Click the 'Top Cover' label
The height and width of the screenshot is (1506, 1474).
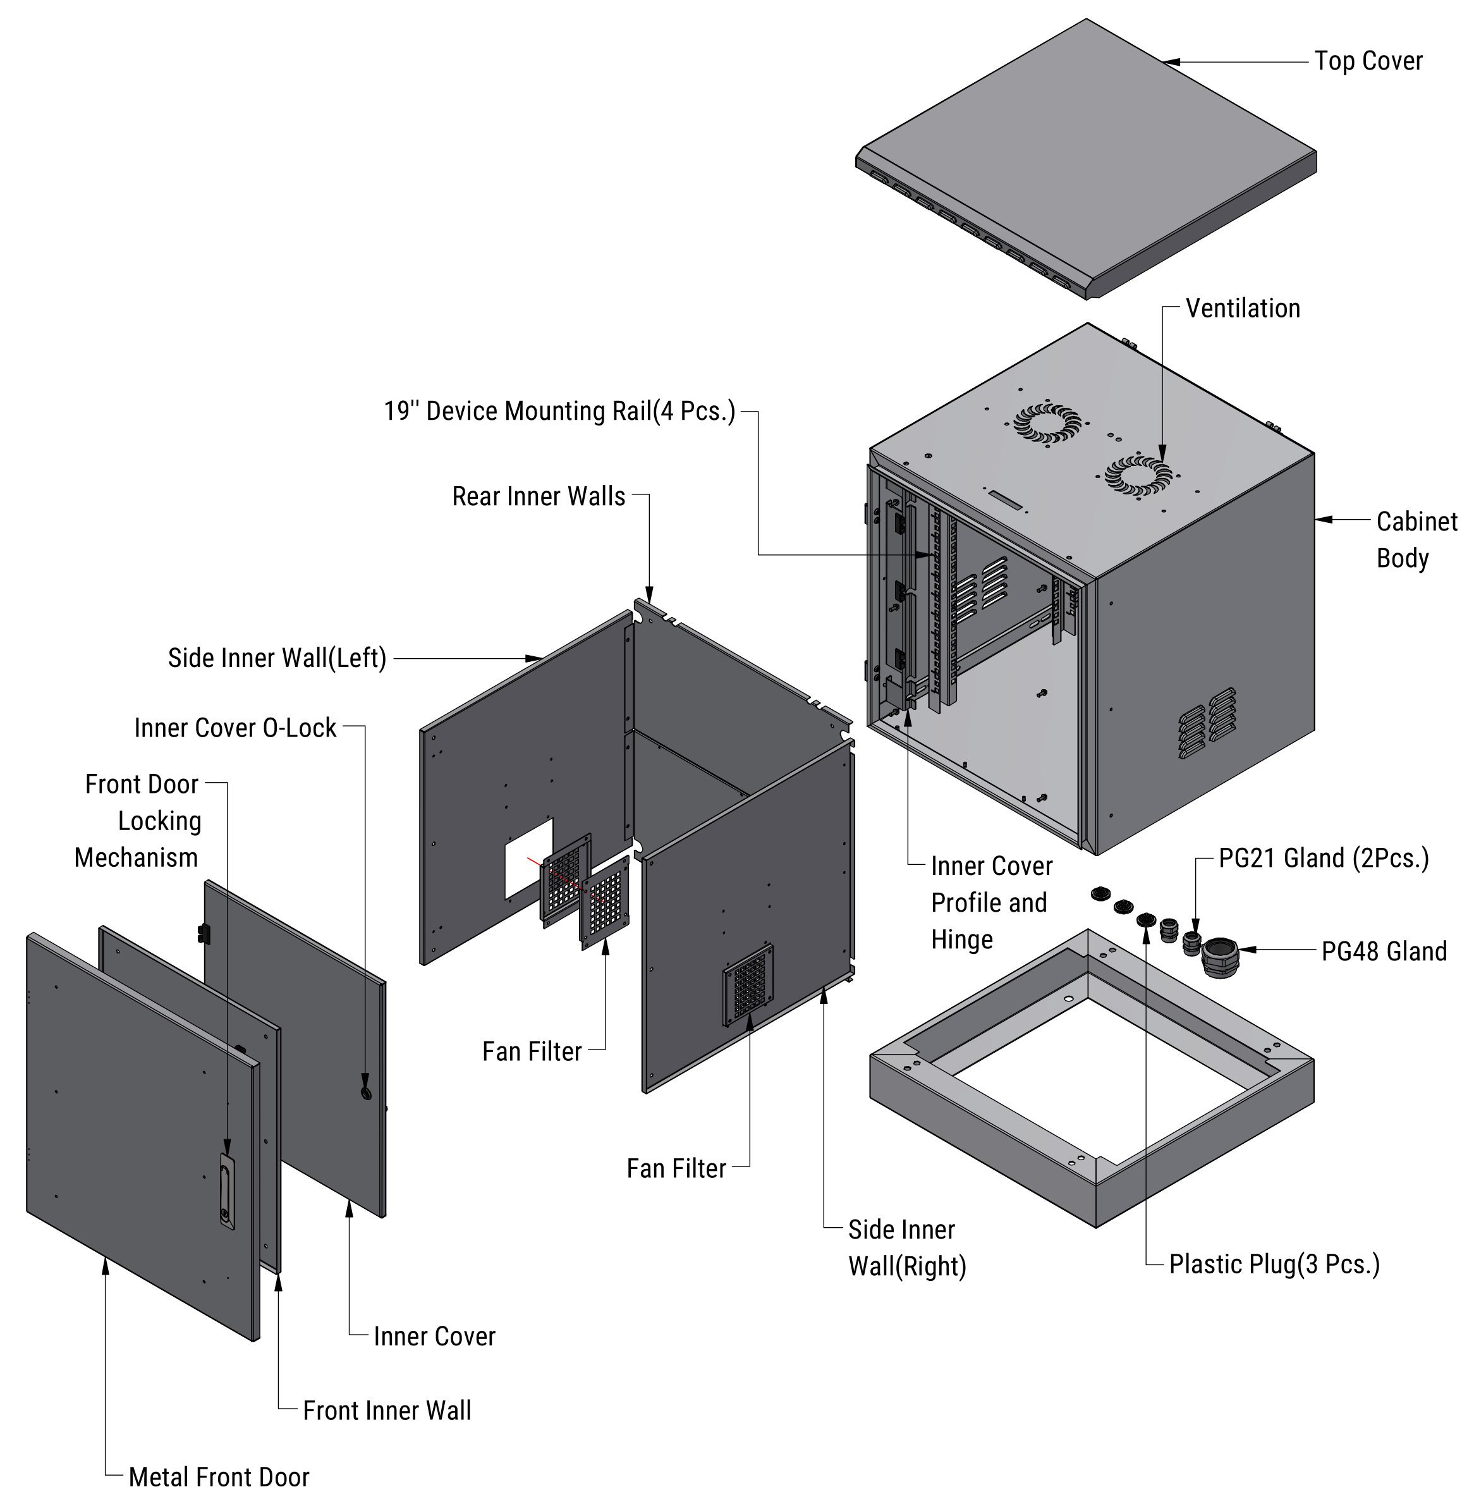click(x=1368, y=61)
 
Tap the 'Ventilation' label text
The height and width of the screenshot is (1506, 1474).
click(x=1243, y=308)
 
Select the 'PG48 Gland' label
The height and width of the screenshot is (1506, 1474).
click(x=1384, y=951)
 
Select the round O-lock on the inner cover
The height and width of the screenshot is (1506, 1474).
click(x=365, y=1092)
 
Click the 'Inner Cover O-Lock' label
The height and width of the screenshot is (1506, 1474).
click(x=235, y=728)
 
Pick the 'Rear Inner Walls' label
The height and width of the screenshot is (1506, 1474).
click(x=538, y=496)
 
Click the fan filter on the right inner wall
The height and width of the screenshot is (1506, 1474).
click(x=748, y=983)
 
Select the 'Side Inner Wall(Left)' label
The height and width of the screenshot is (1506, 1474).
click(x=276, y=658)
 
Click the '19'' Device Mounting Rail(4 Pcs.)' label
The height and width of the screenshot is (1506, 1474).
click(x=559, y=411)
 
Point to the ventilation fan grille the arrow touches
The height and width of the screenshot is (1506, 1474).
click(x=1137, y=474)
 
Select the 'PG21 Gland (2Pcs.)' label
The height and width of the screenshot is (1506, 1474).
click(x=1323, y=858)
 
